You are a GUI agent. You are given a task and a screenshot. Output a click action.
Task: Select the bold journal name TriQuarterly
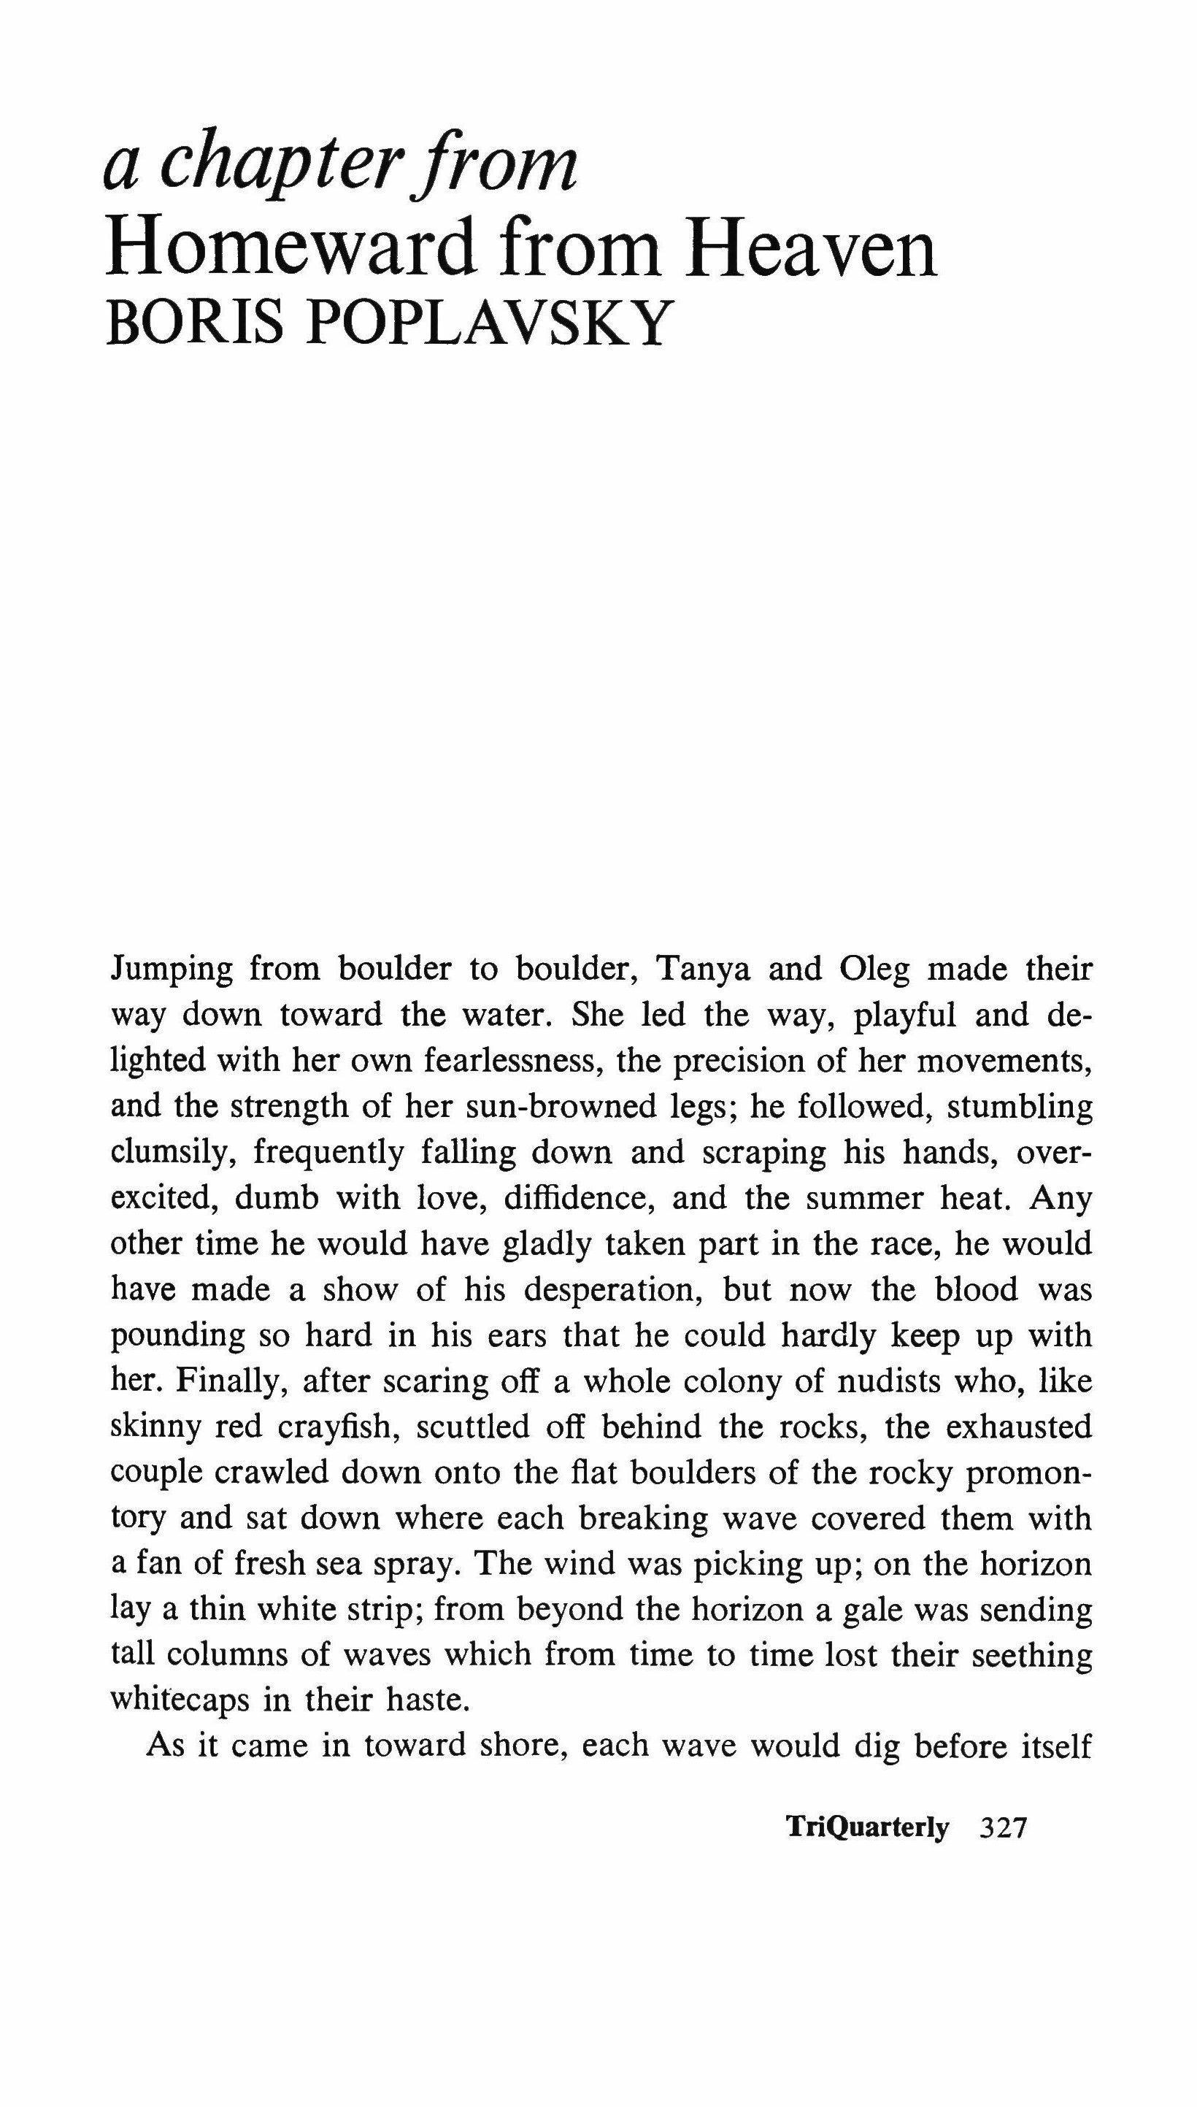[867, 1829]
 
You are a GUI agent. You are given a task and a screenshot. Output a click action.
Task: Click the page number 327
[1004, 1829]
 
